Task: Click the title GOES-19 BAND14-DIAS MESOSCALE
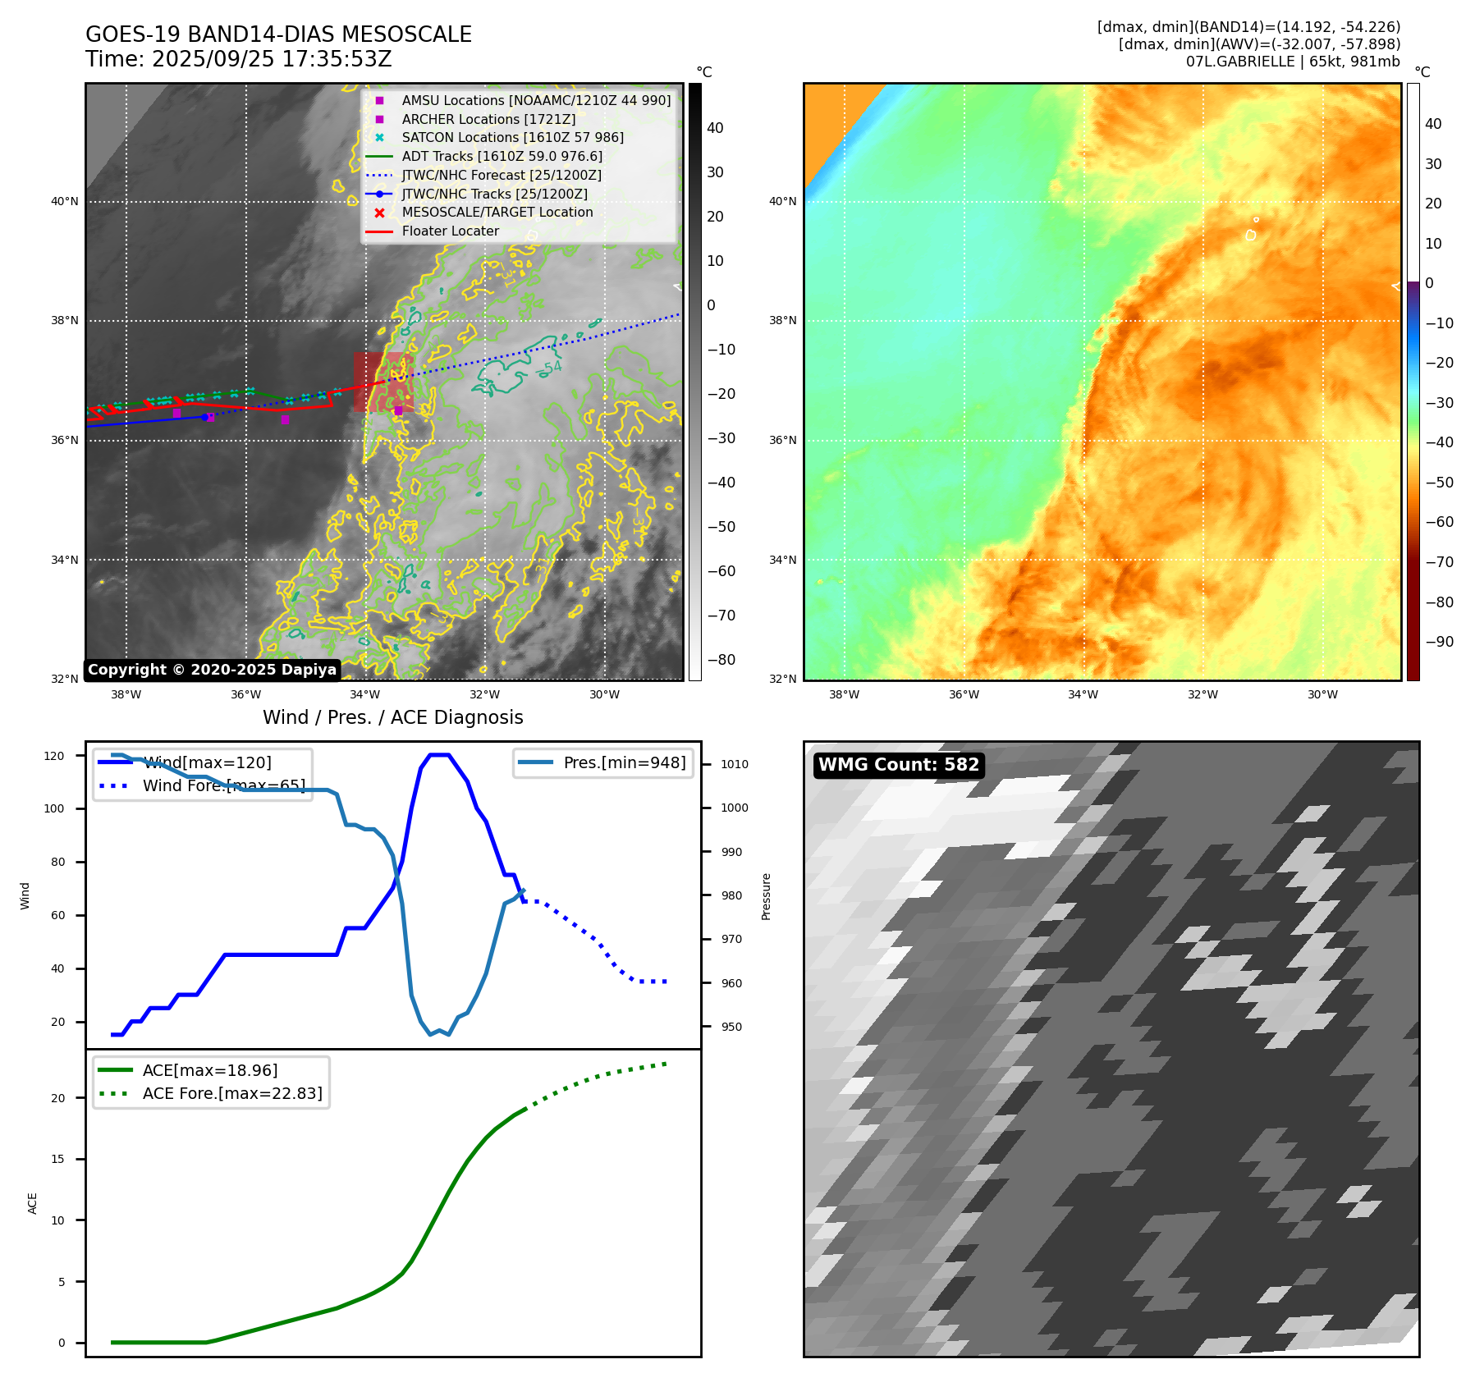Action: click(278, 34)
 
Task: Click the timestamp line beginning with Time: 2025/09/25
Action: click(238, 60)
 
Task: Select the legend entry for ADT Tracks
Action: click(502, 156)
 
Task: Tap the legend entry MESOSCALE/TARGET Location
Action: click(497, 212)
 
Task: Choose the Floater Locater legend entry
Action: click(450, 231)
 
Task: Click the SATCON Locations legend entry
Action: click(512, 137)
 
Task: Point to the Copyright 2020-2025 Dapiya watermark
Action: click(212, 670)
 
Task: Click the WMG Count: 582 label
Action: click(898, 765)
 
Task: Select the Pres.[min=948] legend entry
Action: click(624, 762)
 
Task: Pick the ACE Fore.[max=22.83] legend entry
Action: click(232, 1093)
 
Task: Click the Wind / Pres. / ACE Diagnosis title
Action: click(392, 717)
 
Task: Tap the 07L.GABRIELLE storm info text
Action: click(1292, 62)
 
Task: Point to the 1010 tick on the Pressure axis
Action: click(735, 764)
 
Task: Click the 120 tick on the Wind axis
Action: click(54, 756)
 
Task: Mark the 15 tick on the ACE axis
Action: click(57, 1159)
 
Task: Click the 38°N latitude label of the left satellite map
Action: click(65, 320)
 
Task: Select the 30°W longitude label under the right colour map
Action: click(1322, 694)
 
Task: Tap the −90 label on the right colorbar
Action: click(1439, 642)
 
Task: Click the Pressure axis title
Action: click(766, 896)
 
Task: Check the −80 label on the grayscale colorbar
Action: click(721, 660)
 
